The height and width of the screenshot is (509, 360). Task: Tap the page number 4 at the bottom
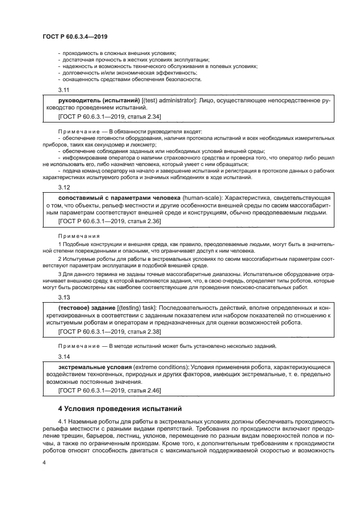(44, 463)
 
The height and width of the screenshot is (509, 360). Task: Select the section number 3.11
(64, 90)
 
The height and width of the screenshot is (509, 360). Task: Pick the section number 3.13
(64, 297)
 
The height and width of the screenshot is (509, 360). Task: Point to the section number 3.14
(64, 356)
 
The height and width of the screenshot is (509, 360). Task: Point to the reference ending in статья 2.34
(109, 116)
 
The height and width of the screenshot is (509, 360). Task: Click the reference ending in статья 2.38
(109, 332)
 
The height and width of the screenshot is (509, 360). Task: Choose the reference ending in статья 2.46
(109, 390)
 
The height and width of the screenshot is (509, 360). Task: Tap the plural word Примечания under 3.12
(78, 236)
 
